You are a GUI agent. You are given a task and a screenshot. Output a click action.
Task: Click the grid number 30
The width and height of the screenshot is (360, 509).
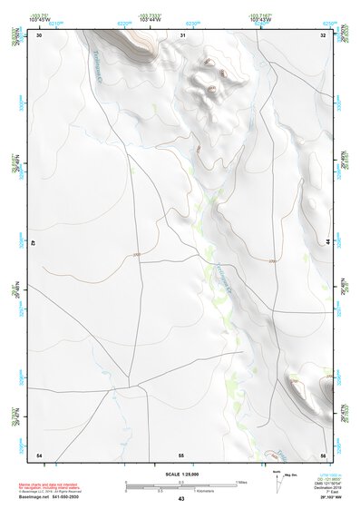click(39, 35)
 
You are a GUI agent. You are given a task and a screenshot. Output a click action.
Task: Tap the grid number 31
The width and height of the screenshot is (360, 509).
click(182, 35)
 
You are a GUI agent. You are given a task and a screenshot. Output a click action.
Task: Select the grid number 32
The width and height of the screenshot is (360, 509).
click(324, 35)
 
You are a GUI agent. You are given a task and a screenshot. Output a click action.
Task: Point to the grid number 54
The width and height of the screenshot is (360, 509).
click(39, 454)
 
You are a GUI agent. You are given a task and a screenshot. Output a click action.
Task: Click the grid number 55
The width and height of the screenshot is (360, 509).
click(181, 454)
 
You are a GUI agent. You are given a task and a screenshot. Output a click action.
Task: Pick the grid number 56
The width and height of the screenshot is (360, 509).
click(324, 454)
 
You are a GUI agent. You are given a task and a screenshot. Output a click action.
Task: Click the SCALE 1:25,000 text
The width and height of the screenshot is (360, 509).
click(181, 474)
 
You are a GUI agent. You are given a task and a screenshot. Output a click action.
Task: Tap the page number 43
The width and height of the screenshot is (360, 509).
click(181, 499)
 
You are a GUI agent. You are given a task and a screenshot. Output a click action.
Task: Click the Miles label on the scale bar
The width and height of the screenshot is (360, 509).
click(239, 482)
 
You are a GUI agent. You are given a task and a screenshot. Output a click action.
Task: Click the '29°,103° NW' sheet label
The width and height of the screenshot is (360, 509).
click(326, 495)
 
